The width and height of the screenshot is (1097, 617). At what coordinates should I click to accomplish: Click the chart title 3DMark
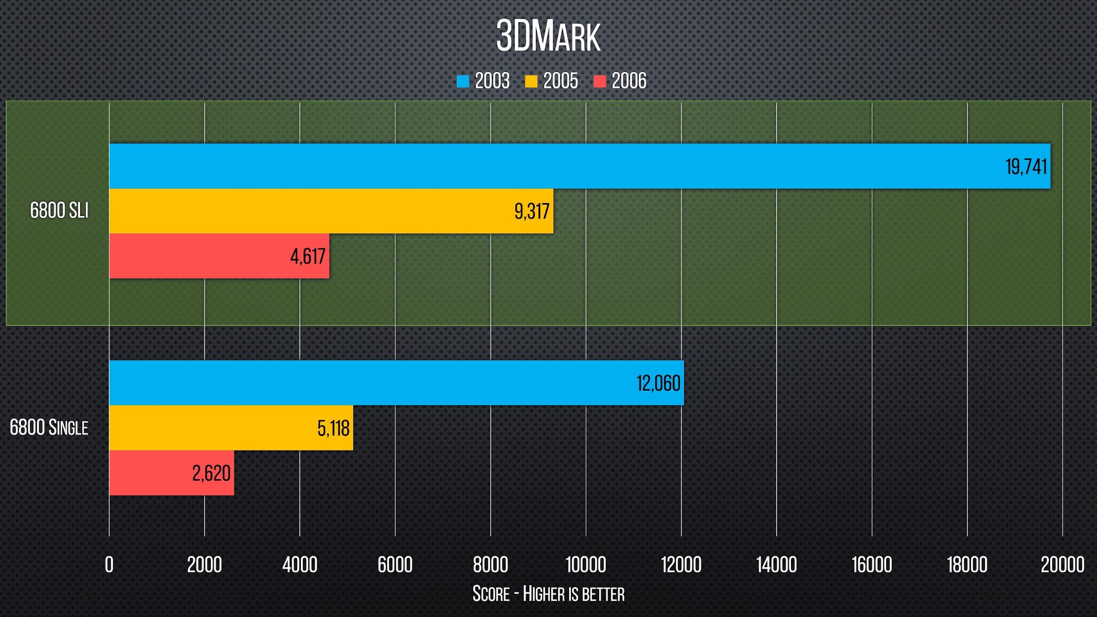pos(548,37)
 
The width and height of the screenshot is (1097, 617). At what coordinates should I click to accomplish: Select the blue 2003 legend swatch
pos(463,81)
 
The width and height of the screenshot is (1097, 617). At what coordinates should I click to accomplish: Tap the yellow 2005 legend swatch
pos(531,81)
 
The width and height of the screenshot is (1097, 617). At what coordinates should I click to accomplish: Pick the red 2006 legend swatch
pos(600,81)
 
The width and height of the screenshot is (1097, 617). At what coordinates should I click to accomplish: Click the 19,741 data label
pos(1026,167)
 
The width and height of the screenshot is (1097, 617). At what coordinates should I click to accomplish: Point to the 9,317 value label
pos(532,211)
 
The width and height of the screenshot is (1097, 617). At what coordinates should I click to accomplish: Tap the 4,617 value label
pos(308,256)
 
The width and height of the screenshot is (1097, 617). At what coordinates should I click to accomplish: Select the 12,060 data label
pos(658,384)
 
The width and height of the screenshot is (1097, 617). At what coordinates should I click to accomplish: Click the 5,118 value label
pos(333,428)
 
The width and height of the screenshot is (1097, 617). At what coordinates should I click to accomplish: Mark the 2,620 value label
pos(211,473)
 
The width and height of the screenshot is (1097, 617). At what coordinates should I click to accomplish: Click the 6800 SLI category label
pos(59,211)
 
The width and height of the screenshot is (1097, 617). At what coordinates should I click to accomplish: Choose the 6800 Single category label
pos(49,428)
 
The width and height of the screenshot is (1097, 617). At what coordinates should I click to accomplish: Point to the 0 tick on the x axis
pos(109,565)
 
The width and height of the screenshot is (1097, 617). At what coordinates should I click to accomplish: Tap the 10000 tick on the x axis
pos(586,565)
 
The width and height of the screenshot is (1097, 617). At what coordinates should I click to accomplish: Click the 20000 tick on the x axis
pos(1063,565)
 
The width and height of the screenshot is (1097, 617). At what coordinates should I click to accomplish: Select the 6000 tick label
pos(395,565)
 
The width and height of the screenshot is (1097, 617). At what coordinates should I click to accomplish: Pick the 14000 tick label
pos(777,565)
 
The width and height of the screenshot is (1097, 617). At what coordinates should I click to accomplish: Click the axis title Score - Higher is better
pos(548,594)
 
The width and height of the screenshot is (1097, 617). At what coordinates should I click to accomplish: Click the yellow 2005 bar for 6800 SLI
pos(309,211)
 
